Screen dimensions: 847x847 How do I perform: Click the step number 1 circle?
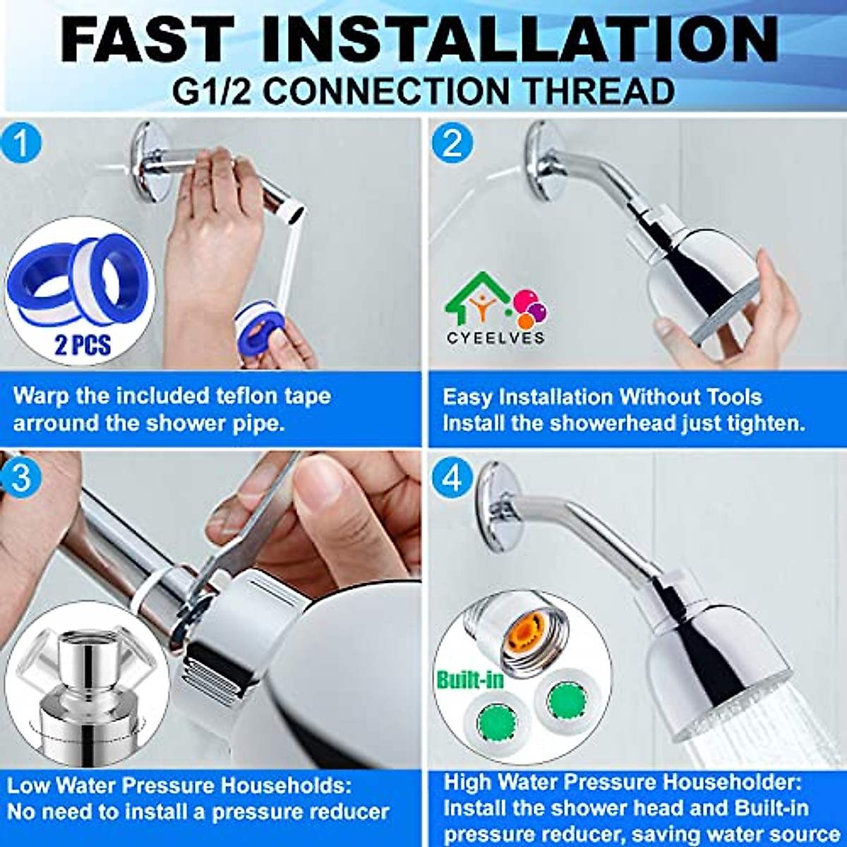click(21, 143)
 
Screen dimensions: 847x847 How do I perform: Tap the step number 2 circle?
click(452, 143)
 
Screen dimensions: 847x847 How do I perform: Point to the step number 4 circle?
click(452, 479)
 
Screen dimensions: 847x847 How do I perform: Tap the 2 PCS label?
click(83, 345)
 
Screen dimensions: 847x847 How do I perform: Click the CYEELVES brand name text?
click(495, 337)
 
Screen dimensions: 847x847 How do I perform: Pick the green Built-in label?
click(470, 680)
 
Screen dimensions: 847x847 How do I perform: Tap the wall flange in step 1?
click(152, 162)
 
